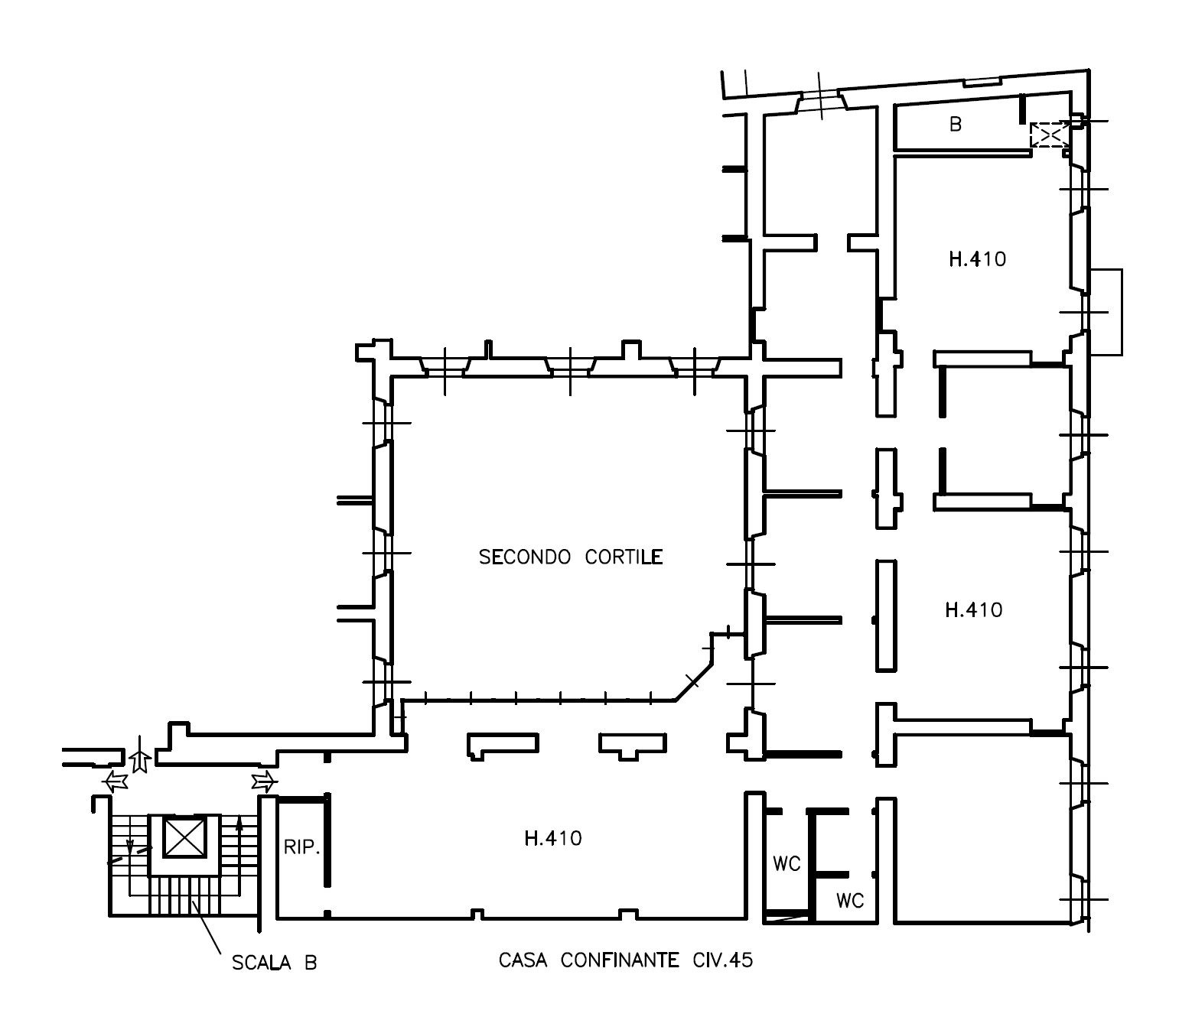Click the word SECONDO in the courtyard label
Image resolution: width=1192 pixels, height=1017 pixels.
click(525, 557)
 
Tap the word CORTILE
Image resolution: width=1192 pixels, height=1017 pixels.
click(624, 557)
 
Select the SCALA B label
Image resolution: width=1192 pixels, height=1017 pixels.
click(275, 963)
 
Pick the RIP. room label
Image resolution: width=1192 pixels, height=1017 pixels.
click(301, 847)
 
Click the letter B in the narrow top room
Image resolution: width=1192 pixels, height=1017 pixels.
click(956, 124)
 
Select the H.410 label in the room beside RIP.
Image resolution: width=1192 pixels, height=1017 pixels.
click(553, 838)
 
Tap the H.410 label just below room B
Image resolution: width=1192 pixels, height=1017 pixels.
click(978, 259)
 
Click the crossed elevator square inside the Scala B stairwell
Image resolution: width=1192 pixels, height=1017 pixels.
click(184, 837)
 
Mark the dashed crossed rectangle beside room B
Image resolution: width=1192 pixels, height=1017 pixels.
click(1050, 135)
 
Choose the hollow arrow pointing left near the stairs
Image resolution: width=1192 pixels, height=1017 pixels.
click(116, 782)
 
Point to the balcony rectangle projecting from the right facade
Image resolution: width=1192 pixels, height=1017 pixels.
click(1106, 312)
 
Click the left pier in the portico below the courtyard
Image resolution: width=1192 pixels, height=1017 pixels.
click(503, 746)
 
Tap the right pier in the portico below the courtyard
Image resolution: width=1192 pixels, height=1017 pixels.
click(633, 746)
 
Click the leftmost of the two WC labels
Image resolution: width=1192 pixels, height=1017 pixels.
click(787, 863)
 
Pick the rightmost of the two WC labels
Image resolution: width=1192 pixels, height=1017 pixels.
click(850, 901)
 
